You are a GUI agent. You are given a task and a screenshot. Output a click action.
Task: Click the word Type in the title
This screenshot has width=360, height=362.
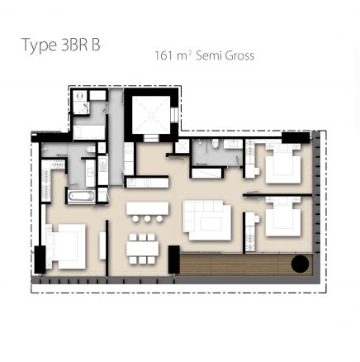[x=39, y=46]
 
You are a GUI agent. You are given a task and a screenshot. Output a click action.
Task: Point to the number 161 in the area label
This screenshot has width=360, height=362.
[x=164, y=56]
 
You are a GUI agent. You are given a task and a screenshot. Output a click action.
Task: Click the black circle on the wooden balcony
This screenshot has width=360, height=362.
[x=300, y=264]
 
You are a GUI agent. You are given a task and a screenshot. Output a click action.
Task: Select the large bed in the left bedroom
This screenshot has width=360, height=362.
[x=67, y=245]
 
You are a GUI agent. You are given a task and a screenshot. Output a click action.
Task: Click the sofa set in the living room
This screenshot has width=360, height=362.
[x=206, y=219]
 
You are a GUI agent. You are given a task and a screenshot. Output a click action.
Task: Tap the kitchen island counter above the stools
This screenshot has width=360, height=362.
[x=148, y=207]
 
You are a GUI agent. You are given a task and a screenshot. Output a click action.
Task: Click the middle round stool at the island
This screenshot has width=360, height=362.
[x=148, y=220]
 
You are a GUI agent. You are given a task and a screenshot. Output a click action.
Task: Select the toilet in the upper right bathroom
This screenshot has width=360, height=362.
[x=214, y=144]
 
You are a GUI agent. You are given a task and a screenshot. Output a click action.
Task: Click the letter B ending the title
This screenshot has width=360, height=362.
[x=96, y=45]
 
